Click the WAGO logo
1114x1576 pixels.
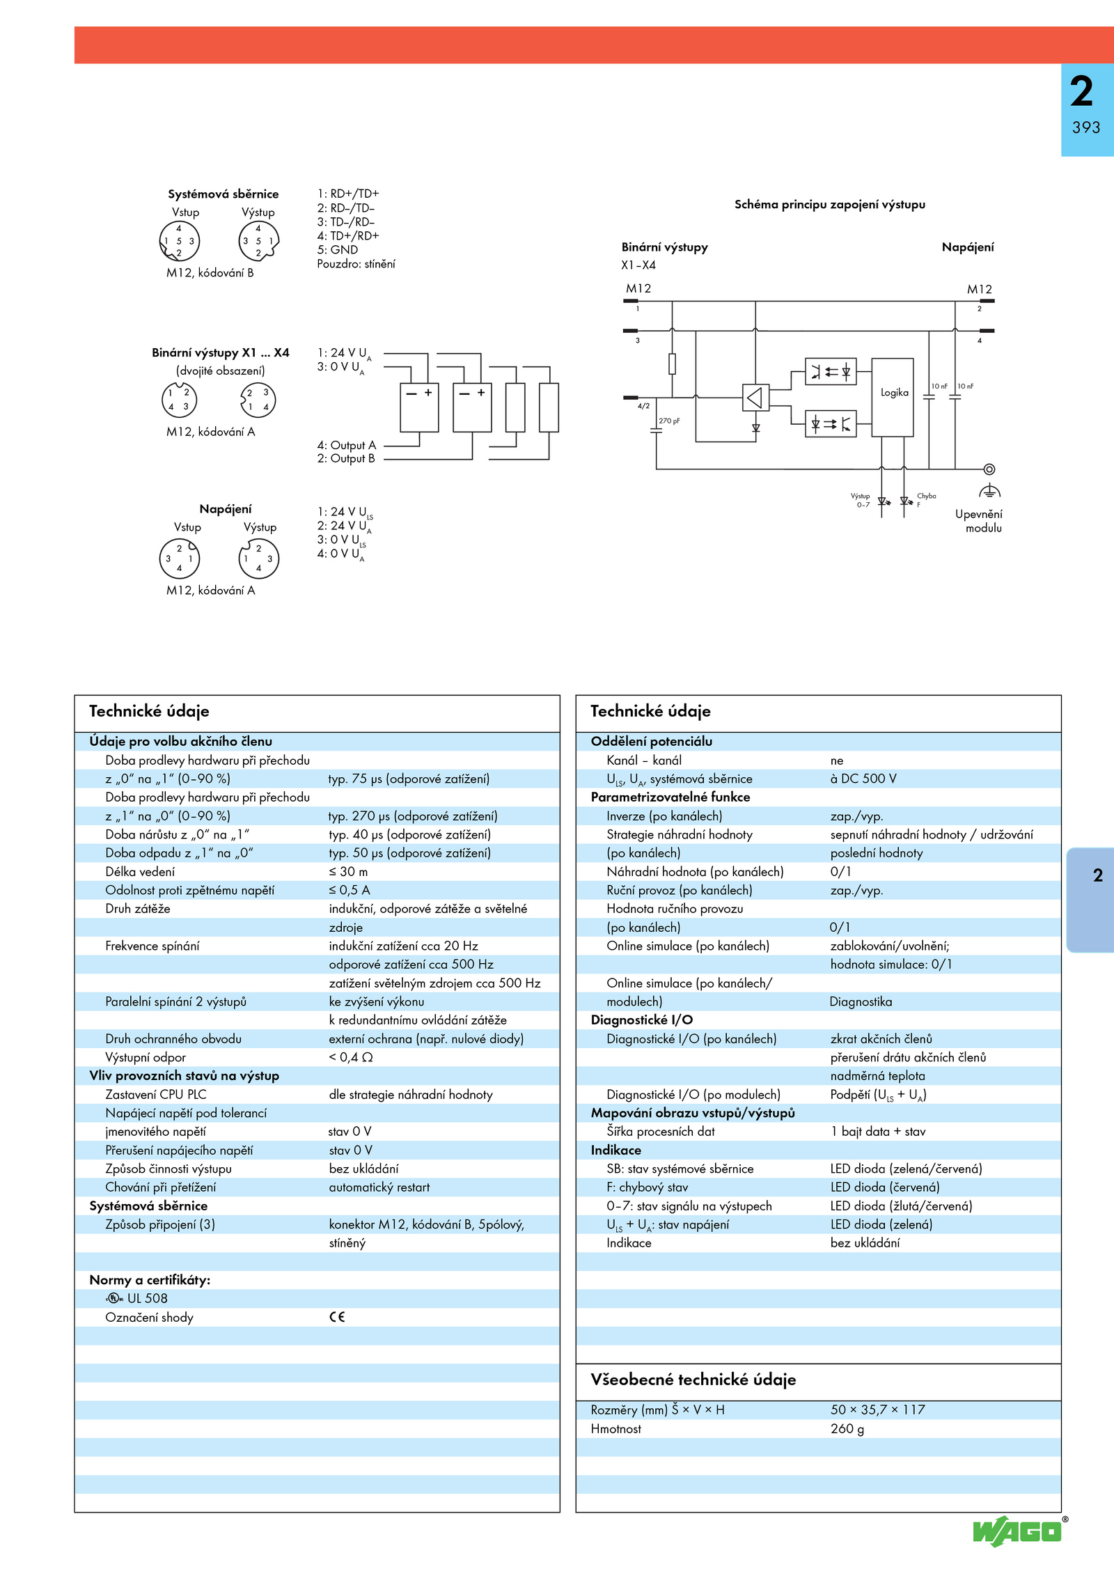point(1018,1531)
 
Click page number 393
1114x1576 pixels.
point(1086,127)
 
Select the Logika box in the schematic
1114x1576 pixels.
point(893,398)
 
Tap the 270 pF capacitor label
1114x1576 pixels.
point(669,421)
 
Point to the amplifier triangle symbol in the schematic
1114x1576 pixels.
point(755,398)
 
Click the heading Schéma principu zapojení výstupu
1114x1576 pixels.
point(830,204)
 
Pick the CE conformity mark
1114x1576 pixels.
point(337,1316)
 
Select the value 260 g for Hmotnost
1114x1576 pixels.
point(847,1428)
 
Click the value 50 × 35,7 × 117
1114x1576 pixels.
point(877,1410)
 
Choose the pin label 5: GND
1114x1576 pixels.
point(338,249)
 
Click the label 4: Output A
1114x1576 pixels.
point(347,445)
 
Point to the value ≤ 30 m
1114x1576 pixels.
point(348,871)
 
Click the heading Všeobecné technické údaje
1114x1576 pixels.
point(693,1380)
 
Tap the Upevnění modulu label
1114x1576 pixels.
point(979,521)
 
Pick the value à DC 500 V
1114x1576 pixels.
point(863,779)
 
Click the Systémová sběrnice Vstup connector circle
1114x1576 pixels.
point(180,241)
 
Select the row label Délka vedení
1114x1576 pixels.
point(140,871)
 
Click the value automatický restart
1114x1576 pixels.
point(379,1187)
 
